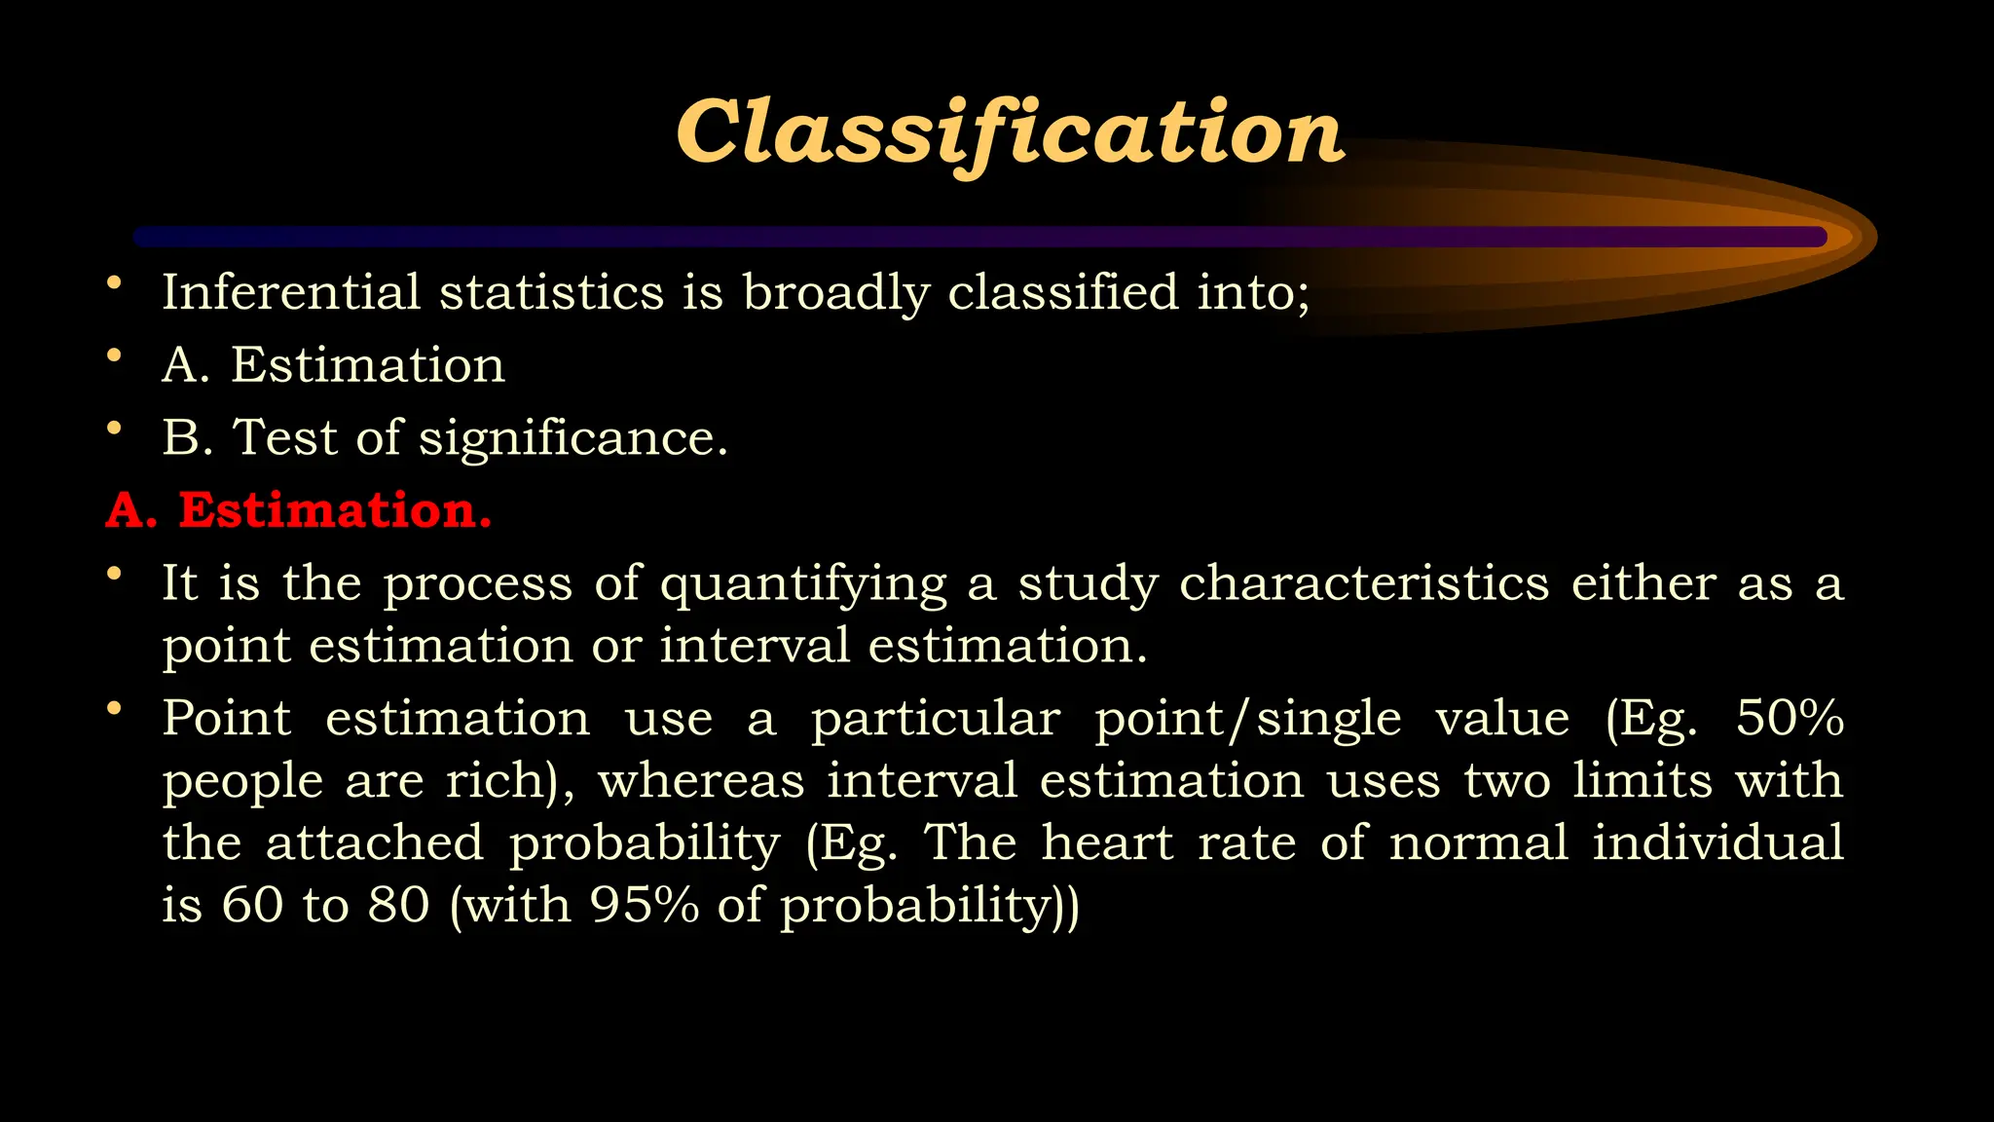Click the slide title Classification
click(1010, 133)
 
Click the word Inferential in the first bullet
click(290, 292)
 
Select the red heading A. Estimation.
click(299, 509)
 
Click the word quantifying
click(803, 584)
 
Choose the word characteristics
click(1363, 582)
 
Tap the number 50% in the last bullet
click(1790, 718)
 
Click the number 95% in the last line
click(644, 905)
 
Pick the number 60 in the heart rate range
click(252, 905)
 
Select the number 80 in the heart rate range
click(398, 905)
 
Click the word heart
click(1107, 842)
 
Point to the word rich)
click(509, 780)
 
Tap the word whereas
click(701, 780)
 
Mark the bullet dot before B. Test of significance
click(115, 429)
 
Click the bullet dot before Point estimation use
click(115, 709)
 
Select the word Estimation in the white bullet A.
click(368, 365)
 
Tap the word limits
click(1643, 780)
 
